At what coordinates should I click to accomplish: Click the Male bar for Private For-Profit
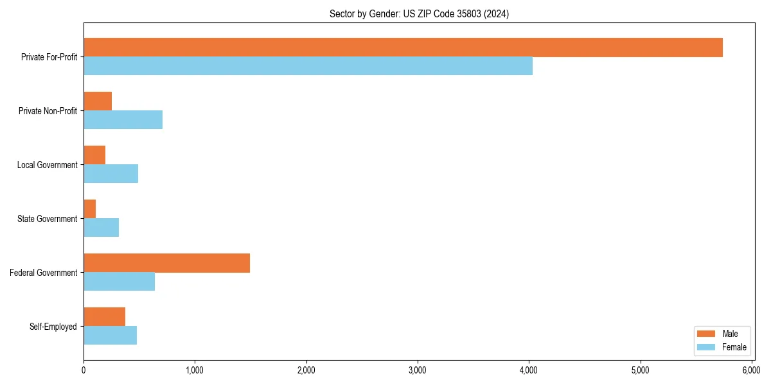(403, 47)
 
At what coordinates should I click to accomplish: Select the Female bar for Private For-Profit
(308, 66)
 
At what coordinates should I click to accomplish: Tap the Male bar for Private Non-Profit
(98, 101)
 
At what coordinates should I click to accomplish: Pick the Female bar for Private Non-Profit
(123, 120)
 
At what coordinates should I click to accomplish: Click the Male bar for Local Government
(94, 155)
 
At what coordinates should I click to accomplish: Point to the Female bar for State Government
(101, 228)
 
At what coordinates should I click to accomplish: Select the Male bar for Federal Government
(166, 263)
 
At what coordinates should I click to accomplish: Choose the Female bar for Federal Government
(119, 282)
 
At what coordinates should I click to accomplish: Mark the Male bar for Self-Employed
(104, 317)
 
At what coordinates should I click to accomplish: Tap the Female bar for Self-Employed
(110, 336)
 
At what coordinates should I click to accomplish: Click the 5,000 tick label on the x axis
(640, 370)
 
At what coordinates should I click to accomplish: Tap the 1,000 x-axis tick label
(195, 370)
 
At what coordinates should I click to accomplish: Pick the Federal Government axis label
(44, 273)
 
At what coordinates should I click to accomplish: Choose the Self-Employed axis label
(53, 327)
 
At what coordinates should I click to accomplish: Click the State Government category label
(48, 219)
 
